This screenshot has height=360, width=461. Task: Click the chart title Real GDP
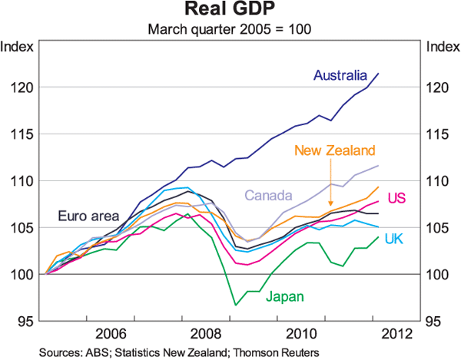(x=230, y=12)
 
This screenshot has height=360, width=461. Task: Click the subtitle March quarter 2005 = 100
(x=230, y=30)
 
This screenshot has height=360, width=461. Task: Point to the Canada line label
(x=270, y=194)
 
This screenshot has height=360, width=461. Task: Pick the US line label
(x=396, y=199)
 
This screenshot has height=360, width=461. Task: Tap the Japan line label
(x=284, y=296)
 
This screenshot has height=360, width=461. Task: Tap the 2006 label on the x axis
(x=111, y=335)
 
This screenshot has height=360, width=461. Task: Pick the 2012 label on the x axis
(x=392, y=335)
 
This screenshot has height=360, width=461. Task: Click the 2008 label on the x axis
(x=205, y=335)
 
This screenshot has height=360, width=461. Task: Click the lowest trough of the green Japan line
(x=236, y=306)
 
